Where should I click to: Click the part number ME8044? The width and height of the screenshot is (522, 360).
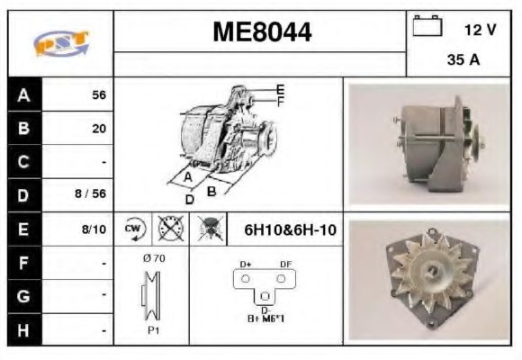pyautogui.click(x=261, y=32)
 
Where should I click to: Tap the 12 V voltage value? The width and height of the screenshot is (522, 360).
pyautogui.click(x=480, y=30)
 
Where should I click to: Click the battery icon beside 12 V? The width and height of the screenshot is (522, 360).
pyautogui.click(x=426, y=28)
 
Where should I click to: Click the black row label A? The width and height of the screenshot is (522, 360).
pyautogui.click(x=23, y=94)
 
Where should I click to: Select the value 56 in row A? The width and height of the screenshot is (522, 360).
pyautogui.click(x=98, y=94)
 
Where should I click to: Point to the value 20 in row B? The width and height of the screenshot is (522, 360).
pyautogui.click(x=98, y=128)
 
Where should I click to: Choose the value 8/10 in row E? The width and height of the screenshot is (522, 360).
pyautogui.click(x=93, y=229)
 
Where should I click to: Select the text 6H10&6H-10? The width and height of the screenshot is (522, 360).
pyautogui.click(x=290, y=229)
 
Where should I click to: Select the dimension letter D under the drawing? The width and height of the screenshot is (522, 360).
pyautogui.click(x=190, y=198)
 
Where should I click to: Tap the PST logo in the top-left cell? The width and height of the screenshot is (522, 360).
pyautogui.click(x=60, y=41)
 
